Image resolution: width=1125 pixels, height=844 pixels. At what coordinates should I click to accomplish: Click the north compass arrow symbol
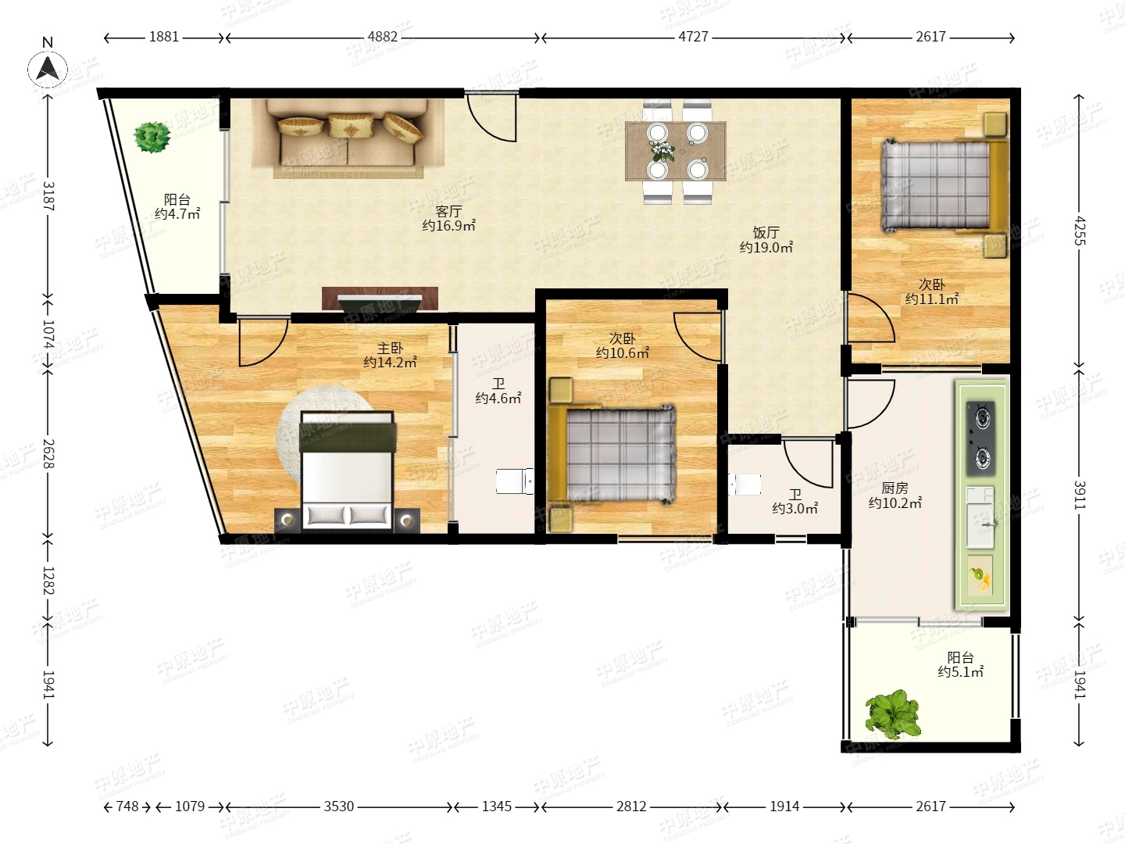point(48,70)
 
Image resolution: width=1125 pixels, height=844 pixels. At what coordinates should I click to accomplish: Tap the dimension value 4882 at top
point(382,37)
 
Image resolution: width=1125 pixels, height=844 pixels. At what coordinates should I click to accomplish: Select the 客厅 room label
point(448,211)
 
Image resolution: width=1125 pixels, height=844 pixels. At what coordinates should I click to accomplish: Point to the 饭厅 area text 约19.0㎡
point(766,248)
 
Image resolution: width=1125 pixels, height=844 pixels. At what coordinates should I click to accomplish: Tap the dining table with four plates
point(676,151)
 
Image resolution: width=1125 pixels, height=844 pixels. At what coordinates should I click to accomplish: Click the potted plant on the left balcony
point(152,137)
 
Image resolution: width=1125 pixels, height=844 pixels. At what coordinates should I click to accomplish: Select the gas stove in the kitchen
point(981,438)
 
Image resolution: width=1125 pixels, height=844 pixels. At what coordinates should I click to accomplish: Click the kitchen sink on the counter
point(980,517)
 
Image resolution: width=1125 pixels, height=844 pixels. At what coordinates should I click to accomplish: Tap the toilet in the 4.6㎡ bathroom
point(515,481)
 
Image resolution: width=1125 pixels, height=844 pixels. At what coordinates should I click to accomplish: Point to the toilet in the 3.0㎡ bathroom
point(745,485)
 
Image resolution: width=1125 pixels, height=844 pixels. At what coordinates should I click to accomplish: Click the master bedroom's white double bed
point(348,470)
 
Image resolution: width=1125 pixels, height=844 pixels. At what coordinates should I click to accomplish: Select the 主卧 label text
point(390,349)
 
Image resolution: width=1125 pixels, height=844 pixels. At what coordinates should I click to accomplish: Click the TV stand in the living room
point(380,299)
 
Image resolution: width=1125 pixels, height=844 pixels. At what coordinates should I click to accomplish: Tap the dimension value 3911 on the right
point(1080,495)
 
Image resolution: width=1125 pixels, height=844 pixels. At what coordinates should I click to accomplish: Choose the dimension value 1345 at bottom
point(497,806)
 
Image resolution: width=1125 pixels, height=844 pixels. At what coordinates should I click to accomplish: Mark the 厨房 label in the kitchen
point(895,488)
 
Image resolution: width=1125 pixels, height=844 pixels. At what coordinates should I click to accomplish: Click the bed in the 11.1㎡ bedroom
point(944,184)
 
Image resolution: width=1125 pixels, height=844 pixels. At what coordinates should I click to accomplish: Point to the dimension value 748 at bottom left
point(127,806)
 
